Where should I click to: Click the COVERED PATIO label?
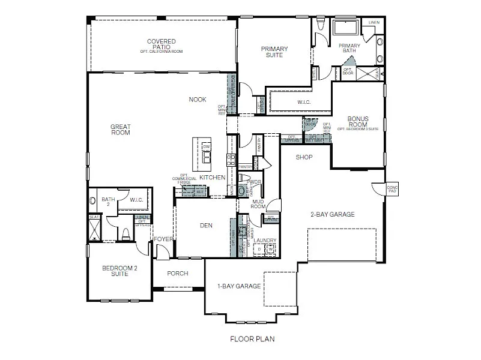[162, 44]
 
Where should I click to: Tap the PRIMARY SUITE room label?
[274, 52]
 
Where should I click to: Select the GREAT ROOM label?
[120, 130]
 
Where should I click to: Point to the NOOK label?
[198, 100]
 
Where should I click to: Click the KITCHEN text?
[213, 178]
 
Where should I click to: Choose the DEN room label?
[206, 226]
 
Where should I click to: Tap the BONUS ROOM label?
[358, 122]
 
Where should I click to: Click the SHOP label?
[304, 157]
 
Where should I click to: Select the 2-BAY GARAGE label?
[332, 214]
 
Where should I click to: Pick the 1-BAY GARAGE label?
[239, 286]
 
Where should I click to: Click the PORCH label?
[178, 274]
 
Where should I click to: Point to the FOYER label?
[163, 239]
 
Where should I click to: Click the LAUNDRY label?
[265, 241]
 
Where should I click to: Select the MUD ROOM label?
[259, 204]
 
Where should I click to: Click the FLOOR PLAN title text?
[252, 339]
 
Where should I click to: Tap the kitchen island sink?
[207, 157]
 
